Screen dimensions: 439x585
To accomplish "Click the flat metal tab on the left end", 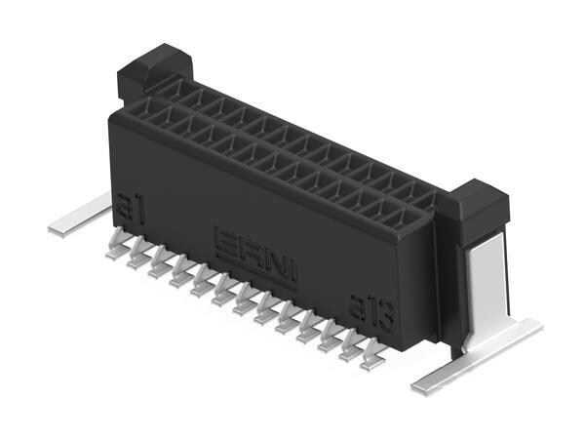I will (x=79, y=217).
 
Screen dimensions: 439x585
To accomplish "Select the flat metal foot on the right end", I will (x=478, y=356).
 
